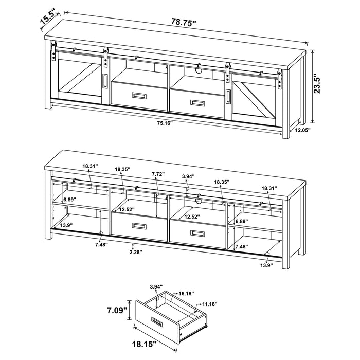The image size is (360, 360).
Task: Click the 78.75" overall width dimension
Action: pos(183,23)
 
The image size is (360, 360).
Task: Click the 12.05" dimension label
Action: pos(303,130)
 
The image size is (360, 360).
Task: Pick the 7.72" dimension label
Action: pos(157,175)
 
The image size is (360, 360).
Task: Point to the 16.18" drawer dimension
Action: pos(187,293)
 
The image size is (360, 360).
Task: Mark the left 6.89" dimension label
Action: pos(69,199)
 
